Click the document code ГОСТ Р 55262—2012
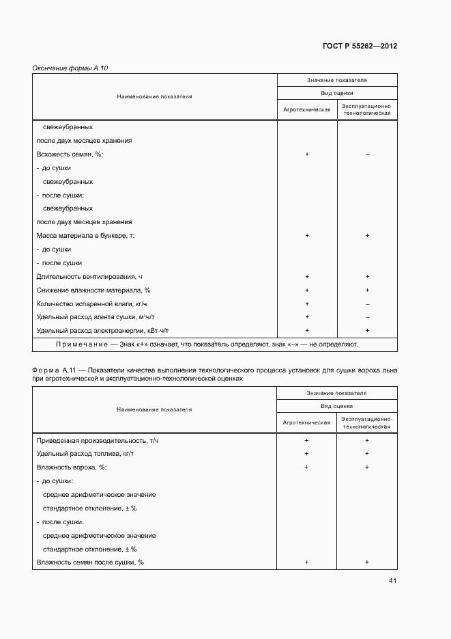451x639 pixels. point(359,46)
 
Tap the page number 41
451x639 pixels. point(392,581)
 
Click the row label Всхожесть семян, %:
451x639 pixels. point(69,154)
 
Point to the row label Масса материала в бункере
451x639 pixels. point(86,235)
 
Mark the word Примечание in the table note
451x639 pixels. point(81,344)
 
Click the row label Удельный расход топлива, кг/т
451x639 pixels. point(85,454)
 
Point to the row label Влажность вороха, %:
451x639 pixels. point(72,467)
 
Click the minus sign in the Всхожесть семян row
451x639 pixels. point(367,154)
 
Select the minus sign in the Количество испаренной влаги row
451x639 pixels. point(367,304)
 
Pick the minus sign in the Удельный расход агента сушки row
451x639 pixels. point(367,317)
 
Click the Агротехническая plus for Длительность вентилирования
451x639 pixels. point(307,277)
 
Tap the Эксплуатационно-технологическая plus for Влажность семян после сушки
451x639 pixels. point(367,562)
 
